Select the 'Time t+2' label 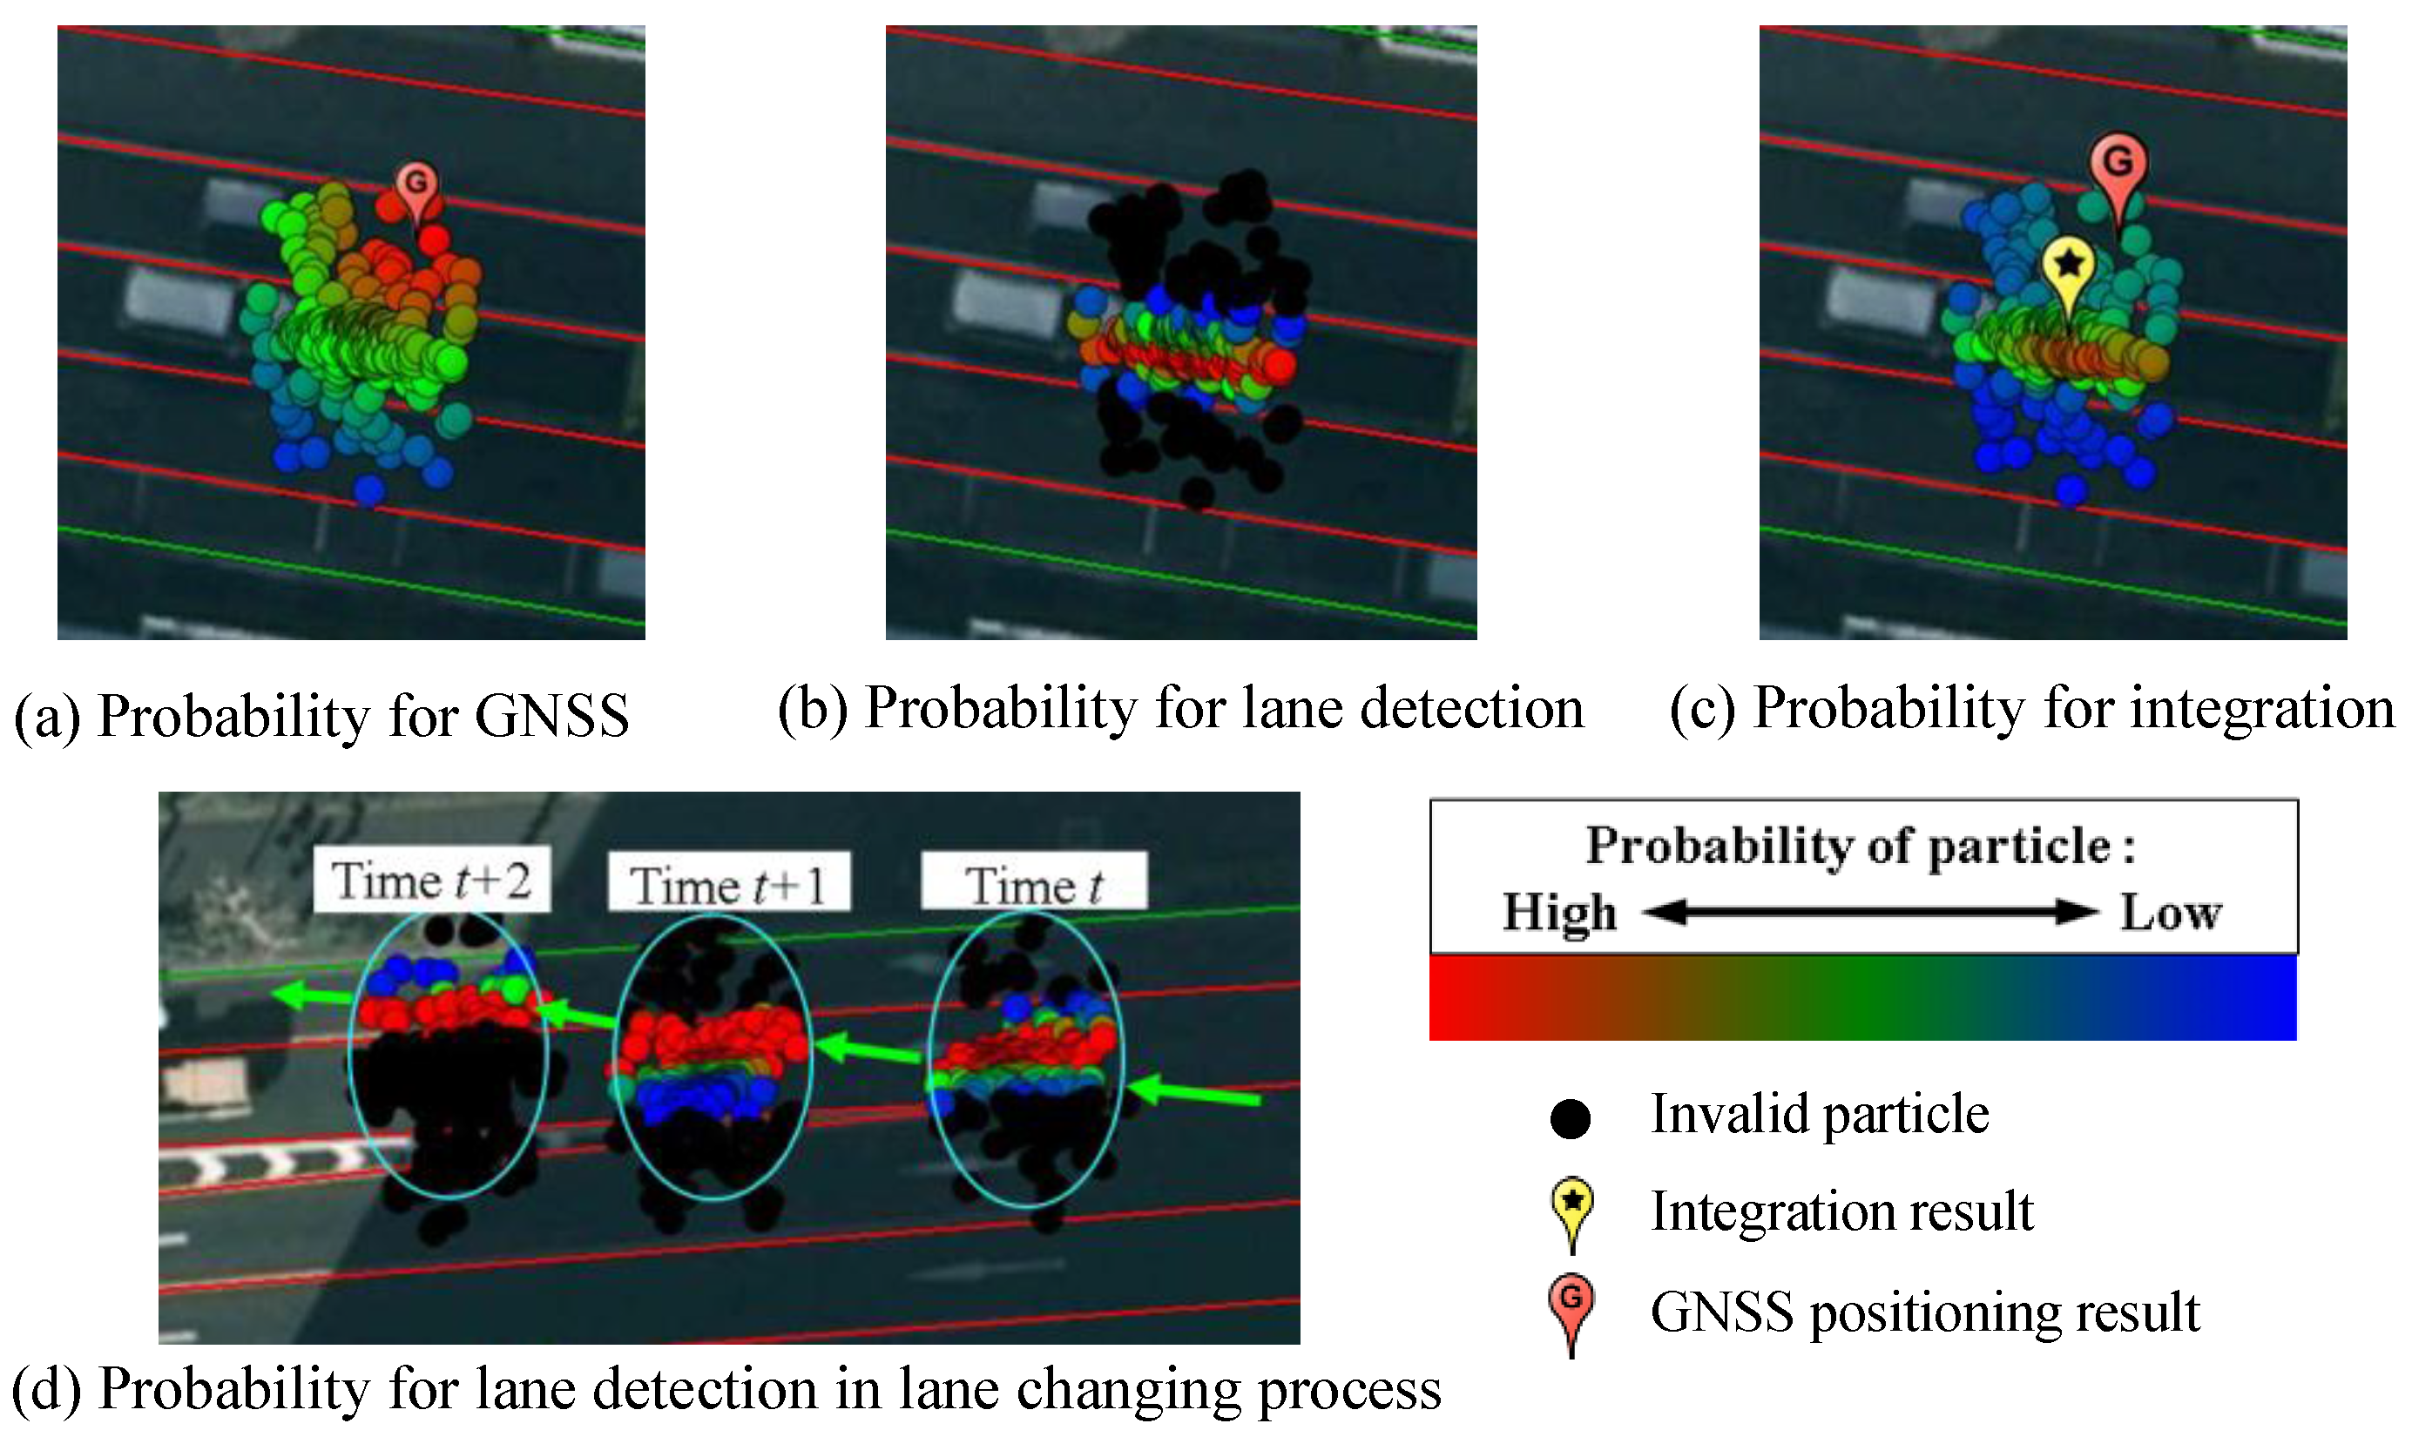coord(432,880)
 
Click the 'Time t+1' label coord(728,884)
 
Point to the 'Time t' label coord(1033,884)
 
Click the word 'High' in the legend coord(1560,912)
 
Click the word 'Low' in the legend coord(2171,912)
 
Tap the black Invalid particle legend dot coord(1571,1118)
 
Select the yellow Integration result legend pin coord(1572,1205)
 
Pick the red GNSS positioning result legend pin coord(1571,1302)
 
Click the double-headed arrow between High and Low coord(1868,912)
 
